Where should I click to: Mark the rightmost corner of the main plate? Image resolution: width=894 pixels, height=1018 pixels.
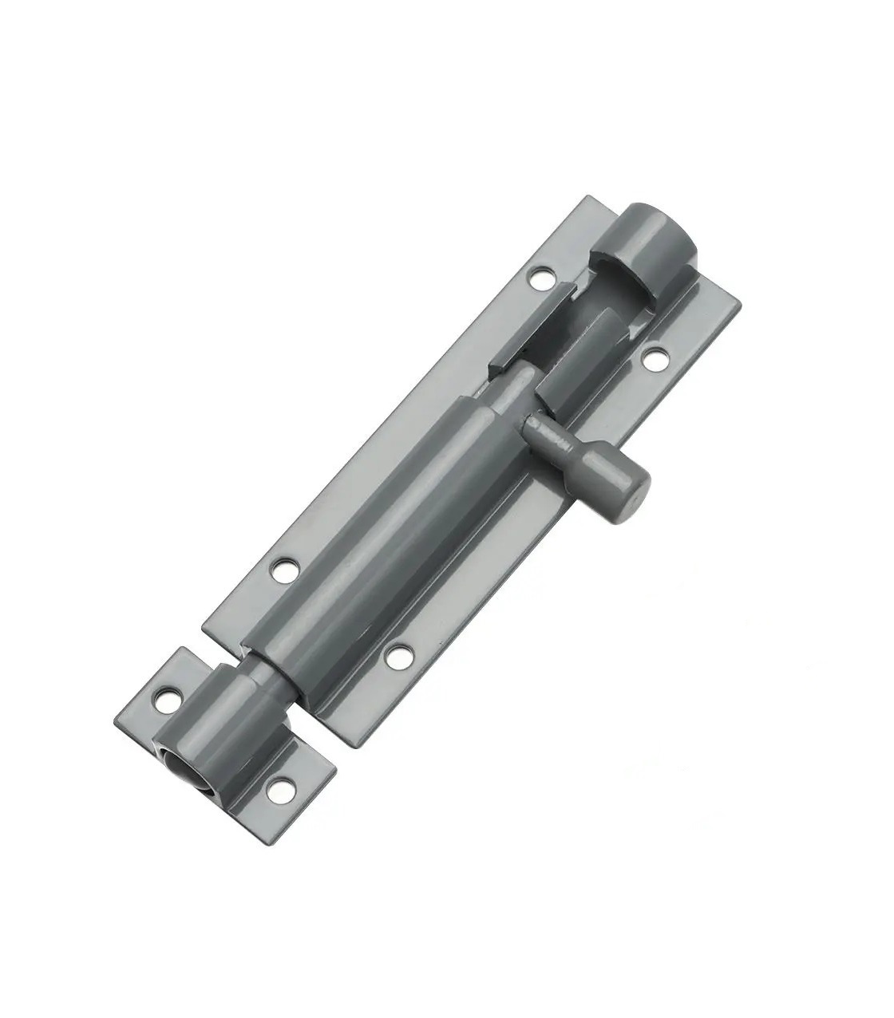coord(741,306)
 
